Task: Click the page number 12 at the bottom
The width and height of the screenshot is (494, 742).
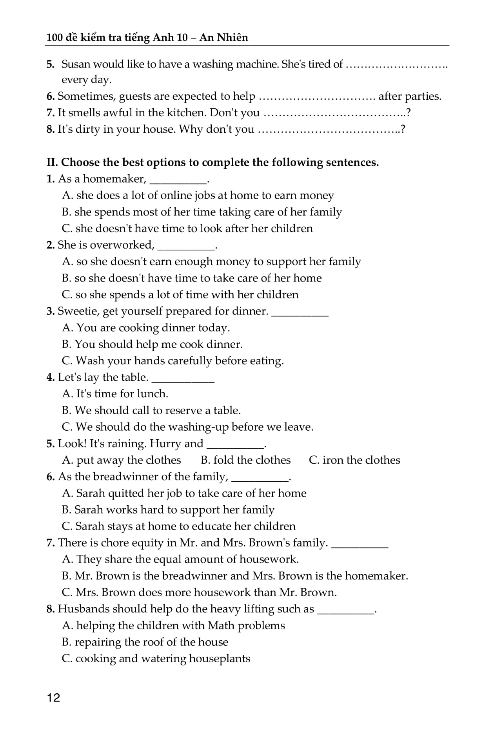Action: (53, 698)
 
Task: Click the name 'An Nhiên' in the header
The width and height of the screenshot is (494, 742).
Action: (223, 37)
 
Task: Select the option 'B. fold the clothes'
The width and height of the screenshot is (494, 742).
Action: (245, 460)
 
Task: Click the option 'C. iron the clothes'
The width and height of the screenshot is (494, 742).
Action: (354, 460)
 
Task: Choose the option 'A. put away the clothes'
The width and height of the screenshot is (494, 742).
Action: (122, 460)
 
